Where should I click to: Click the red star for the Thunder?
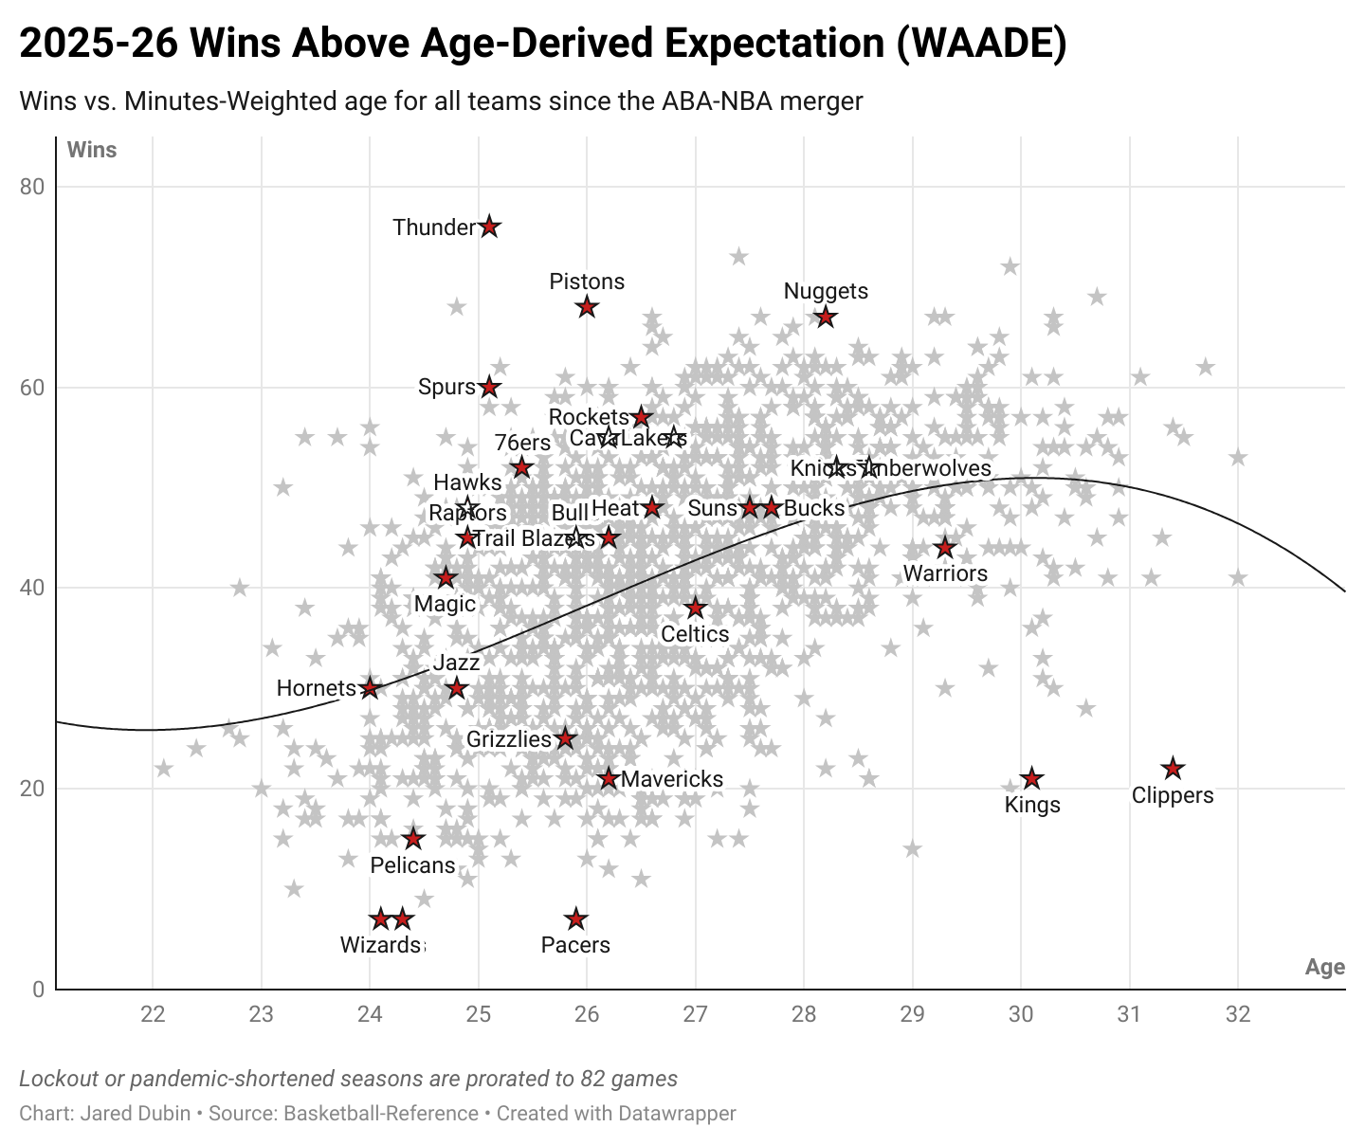(489, 227)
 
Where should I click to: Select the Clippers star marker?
(1173, 769)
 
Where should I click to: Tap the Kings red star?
(1031, 779)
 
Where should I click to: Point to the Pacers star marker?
(575, 919)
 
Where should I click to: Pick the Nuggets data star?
(826, 317)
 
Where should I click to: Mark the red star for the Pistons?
(587, 307)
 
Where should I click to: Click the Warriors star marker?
(944, 548)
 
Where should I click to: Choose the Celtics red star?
(695, 608)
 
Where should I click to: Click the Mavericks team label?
(672, 779)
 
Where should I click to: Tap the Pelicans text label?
(412, 865)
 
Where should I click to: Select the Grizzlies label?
(509, 739)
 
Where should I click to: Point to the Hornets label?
(316, 688)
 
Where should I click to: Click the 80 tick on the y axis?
(32, 187)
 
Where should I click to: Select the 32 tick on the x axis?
(1237, 1014)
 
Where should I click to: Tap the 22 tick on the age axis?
(153, 1014)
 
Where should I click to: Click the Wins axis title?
(92, 150)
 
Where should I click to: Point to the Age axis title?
(1324, 967)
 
